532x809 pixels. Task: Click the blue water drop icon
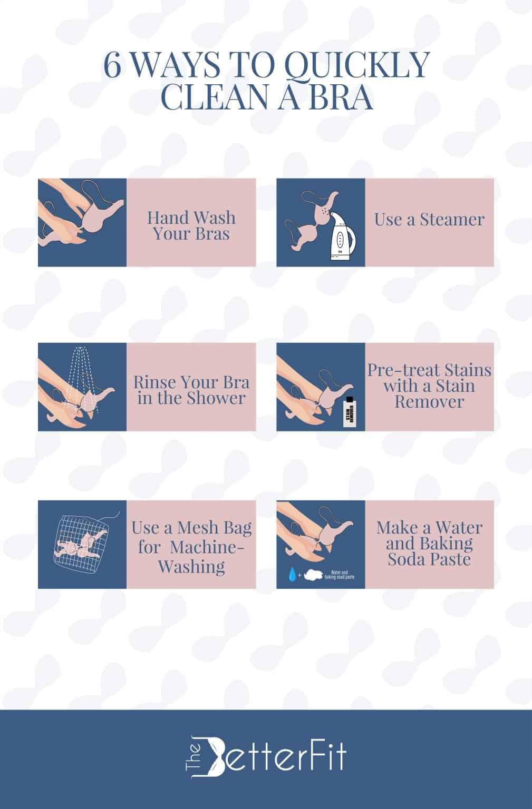[291, 574]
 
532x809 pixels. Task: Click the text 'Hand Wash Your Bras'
[191, 225]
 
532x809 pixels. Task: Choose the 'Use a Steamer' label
[429, 219]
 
